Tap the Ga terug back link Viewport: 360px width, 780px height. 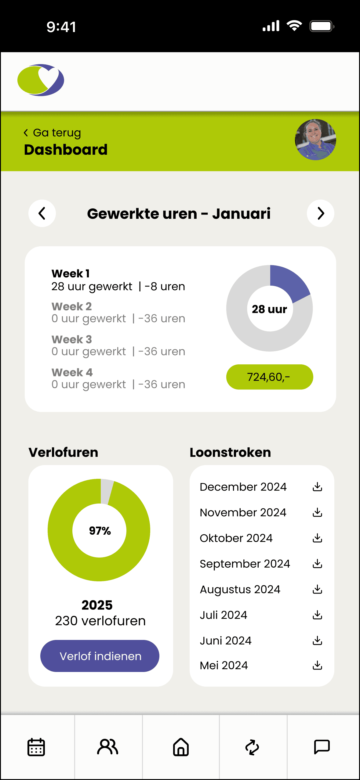pos(52,133)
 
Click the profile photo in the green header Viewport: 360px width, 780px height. pos(315,139)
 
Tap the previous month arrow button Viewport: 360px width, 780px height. pos(42,213)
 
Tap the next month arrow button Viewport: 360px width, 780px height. pos(321,213)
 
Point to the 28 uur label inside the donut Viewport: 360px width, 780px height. pos(269,309)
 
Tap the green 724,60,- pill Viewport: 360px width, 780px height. pos(270,377)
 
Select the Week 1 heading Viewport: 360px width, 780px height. pos(71,273)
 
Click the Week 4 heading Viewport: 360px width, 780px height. pos(72,372)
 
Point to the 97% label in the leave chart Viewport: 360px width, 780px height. pos(100,531)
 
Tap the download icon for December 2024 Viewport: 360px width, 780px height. pos(318,487)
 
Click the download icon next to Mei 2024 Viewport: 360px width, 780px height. pos(318,665)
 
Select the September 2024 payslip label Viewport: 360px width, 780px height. pos(245,564)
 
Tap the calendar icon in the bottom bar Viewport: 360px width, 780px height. pos(36,747)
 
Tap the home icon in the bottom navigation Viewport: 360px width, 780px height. pos(181,747)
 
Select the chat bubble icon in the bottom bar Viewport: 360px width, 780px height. pos(322,747)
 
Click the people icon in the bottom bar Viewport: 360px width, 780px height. pos(108,747)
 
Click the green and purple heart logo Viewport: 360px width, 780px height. pos(41,80)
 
